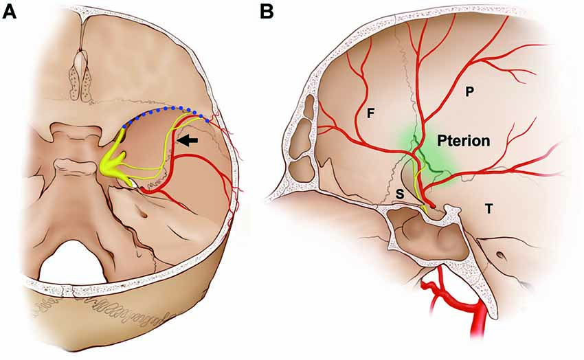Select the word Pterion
464,142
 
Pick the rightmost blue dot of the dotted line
207,120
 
